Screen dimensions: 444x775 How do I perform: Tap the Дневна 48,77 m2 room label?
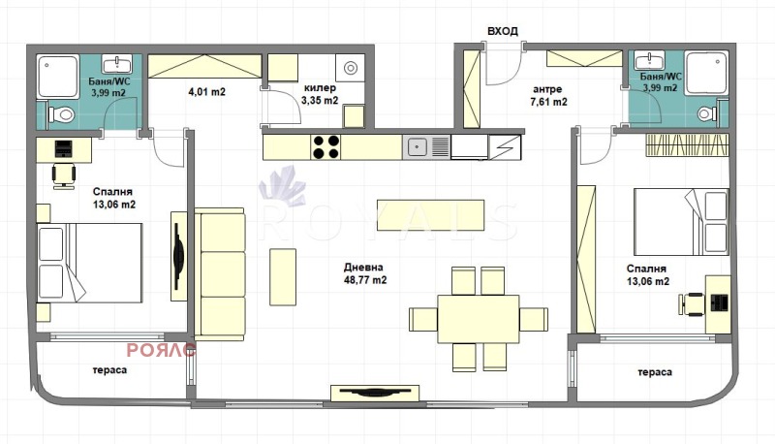click(364, 273)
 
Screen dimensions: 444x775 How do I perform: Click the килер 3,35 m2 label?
click(320, 94)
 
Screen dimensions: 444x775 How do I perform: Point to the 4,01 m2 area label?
click(206, 94)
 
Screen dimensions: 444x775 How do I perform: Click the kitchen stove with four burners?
click(325, 146)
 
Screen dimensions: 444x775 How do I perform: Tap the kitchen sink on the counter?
click(418, 147)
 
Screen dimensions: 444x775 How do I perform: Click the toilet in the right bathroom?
click(705, 113)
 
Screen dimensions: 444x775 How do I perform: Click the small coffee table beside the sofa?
click(283, 275)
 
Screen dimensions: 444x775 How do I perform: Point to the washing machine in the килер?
click(349, 68)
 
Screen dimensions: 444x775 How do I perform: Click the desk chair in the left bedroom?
click(62, 174)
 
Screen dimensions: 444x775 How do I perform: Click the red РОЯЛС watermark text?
click(161, 351)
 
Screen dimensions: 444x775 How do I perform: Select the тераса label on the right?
click(656, 371)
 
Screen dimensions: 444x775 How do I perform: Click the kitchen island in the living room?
click(430, 215)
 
